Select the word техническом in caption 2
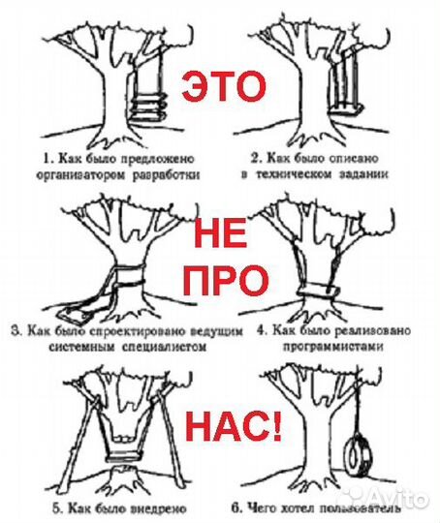(310, 175)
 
